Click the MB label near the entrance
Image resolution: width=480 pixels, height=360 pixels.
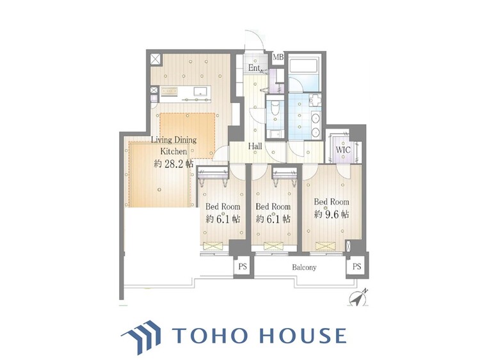pos(278,57)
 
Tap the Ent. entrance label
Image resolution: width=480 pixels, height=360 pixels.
pos(255,68)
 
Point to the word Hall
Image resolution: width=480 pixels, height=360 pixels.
pos(255,146)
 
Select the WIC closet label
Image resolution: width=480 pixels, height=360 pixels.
pos(343,150)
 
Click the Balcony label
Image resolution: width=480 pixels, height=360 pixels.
pos(304,268)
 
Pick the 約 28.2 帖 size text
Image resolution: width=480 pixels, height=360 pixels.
pos(173,164)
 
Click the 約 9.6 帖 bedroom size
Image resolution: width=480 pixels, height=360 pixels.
pos(332,214)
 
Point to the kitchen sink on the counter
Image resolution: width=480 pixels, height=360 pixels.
pos(201,91)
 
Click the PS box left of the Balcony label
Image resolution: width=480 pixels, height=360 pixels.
pos(243,267)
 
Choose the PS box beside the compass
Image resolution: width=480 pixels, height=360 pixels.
pos(356,267)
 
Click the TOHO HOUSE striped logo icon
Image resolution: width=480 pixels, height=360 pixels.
pos(141,336)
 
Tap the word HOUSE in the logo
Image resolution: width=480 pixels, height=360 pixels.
pos(303,335)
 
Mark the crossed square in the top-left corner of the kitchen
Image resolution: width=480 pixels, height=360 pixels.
pos(156,59)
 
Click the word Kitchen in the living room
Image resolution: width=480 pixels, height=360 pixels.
pos(173,152)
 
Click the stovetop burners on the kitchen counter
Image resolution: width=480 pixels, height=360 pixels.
pos(169,91)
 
